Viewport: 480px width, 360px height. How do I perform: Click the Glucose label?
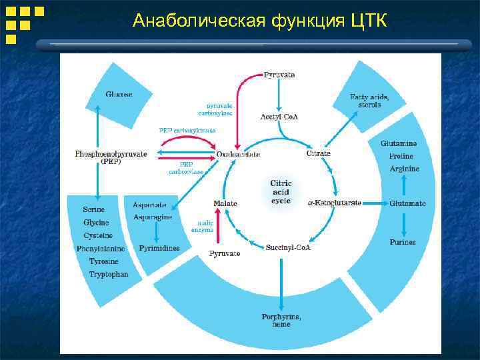click(x=119, y=95)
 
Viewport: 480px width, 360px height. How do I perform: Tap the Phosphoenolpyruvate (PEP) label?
click(x=111, y=157)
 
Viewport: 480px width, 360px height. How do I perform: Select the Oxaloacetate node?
click(x=238, y=154)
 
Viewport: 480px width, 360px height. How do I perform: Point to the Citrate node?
click(x=318, y=153)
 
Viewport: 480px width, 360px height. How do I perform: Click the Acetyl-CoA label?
click(x=279, y=117)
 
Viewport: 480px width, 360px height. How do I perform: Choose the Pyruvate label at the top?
click(x=279, y=75)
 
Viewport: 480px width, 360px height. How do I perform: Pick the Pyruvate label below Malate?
click(x=225, y=253)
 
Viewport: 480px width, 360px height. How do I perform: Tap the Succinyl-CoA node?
click(x=288, y=247)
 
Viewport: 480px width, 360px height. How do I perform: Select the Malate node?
click(x=225, y=203)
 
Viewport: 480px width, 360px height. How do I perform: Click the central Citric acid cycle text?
click(x=281, y=192)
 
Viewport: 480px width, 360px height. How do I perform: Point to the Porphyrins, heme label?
click(x=281, y=320)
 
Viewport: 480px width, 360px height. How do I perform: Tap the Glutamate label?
click(x=407, y=203)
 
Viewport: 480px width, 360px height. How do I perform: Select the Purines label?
click(x=402, y=242)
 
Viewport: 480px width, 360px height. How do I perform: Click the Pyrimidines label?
click(x=159, y=248)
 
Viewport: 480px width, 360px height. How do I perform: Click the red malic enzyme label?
click(x=204, y=226)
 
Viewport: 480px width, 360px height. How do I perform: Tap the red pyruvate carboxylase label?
click(x=219, y=109)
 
